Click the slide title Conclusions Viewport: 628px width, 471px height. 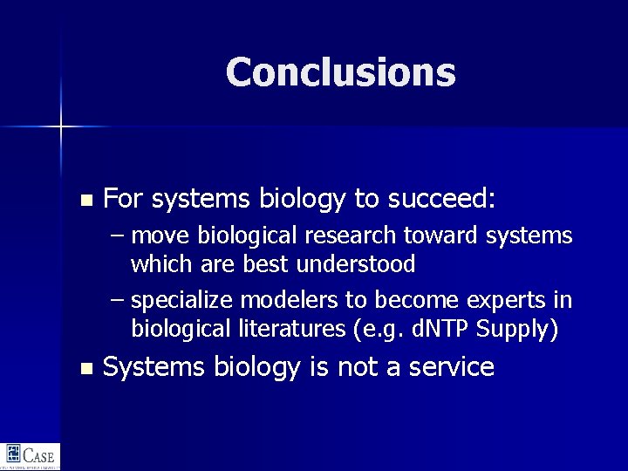pos(340,72)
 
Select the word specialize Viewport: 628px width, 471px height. pos(182,301)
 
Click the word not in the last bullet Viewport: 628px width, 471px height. pos(358,367)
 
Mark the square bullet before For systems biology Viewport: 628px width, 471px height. pos(85,201)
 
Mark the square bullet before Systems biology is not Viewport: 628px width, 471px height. pos(85,369)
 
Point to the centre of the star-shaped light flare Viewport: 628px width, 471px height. pos(60,127)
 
